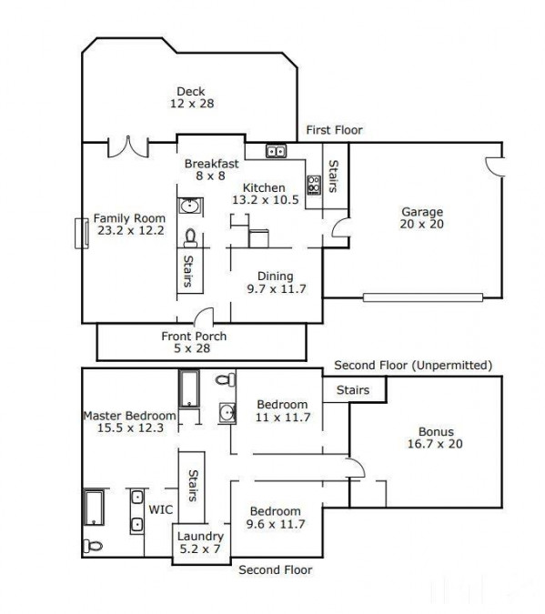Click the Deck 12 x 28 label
coord(192,97)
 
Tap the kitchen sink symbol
coord(276,151)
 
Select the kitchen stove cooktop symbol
coord(314,185)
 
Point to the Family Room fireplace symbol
coord(82,234)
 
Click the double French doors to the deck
coord(128,147)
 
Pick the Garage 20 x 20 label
coord(422,217)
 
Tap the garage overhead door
coord(423,297)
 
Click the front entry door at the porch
coord(204,317)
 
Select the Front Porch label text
coord(194,336)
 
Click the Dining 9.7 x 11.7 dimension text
coord(277,289)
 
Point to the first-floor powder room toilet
coord(190,238)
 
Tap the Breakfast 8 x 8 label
coord(211,169)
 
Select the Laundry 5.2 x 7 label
coord(200,542)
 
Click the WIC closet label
coord(161,509)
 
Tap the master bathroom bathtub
coord(94,508)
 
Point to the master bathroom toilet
coord(93,546)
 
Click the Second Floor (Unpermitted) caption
coord(413,366)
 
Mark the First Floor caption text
coord(334,130)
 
